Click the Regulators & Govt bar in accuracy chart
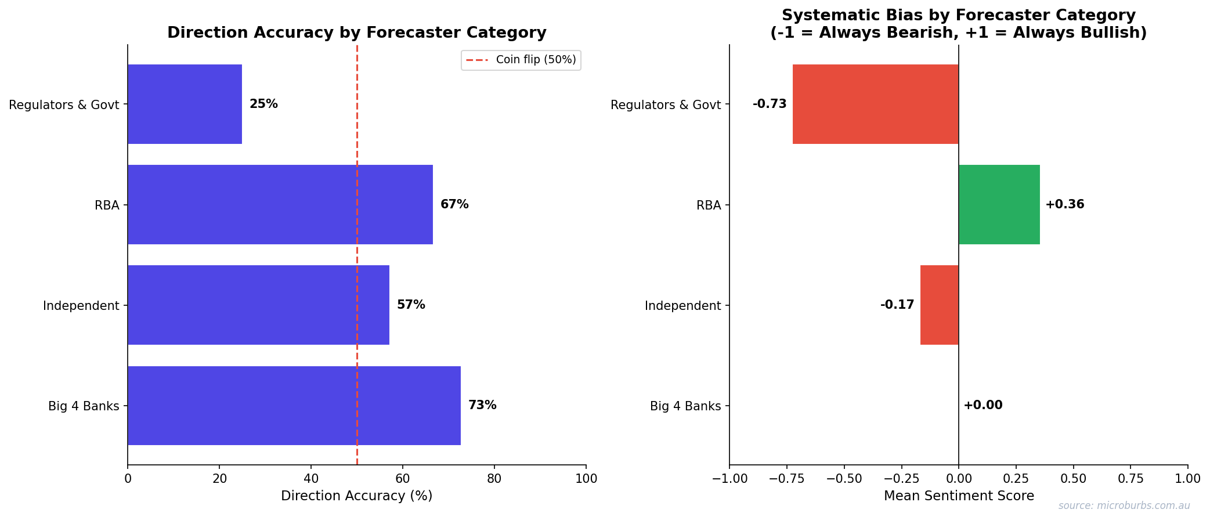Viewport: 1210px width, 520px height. coord(185,104)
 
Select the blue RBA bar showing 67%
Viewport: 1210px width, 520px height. coord(280,204)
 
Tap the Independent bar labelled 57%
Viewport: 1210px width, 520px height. coord(258,305)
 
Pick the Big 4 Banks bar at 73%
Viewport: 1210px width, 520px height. coord(294,405)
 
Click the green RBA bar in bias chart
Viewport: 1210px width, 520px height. coord(999,204)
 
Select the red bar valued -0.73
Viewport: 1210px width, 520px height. coord(875,104)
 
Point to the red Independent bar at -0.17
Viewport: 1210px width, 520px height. coord(939,305)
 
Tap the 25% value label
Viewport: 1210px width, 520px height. coord(263,104)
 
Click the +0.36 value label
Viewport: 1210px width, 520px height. coord(1064,204)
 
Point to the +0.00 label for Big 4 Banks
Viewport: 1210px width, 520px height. coord(983,405)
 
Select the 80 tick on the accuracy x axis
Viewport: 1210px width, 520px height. coord(494,479)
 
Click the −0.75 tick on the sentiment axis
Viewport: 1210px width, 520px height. coord(786,479)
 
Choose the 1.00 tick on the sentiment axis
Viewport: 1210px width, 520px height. coord(1187,479)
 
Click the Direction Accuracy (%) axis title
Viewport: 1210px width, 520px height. coord(356,496)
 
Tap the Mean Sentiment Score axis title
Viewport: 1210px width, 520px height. coord(959,496)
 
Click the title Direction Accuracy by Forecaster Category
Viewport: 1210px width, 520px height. coord(356,32)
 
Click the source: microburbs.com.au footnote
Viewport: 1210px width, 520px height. coord(1124,505)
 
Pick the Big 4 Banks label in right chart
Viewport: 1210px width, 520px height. coord(685,406)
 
